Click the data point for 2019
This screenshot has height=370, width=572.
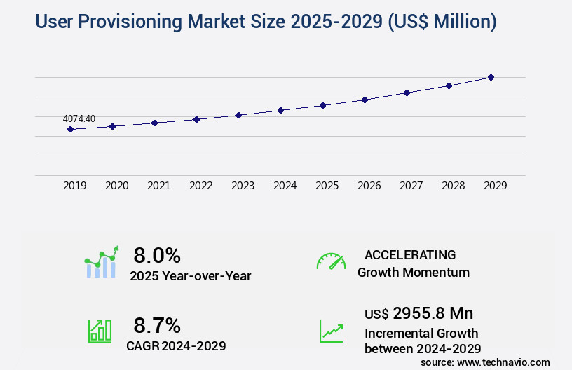(x=70, y=130)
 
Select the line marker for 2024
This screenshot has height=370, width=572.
(x=280, y=110)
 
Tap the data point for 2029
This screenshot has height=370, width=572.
(x=491, y=77)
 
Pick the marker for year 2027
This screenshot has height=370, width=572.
(x=407, y=92)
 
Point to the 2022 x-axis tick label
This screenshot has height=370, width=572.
(x=200, y=186)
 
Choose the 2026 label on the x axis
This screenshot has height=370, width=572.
(x=369, y=186)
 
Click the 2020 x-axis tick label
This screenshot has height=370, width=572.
(x=116, y=186)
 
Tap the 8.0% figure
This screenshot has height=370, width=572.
(x=157, y=255)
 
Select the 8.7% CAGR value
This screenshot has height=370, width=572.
(x=157, y=325)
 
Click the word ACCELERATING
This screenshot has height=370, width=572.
(x=410, y=254)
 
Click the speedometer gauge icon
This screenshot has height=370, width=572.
(x=331, y=261)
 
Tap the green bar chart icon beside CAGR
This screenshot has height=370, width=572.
(x=100, y=331)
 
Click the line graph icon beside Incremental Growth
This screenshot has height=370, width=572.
(x=331, y=331)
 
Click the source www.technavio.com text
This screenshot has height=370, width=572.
(x=485, y=362)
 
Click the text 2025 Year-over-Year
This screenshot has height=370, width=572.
(x=190, y=276)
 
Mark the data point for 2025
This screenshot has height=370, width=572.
(x=322, y=105)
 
